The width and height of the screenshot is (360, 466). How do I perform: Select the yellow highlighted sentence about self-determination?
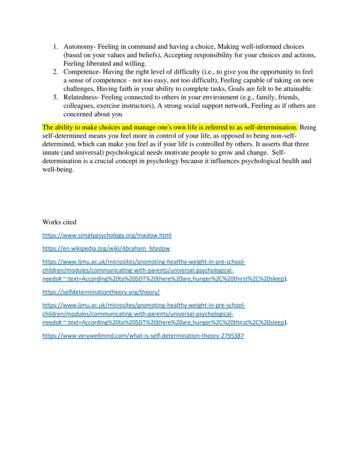point(170,127)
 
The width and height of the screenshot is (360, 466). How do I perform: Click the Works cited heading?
point(59,222)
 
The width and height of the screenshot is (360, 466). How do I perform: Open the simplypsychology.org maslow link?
point(107,235)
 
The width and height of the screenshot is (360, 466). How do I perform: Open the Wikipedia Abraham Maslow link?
point(106,248)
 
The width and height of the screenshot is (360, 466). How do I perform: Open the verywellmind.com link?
point(143,336)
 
